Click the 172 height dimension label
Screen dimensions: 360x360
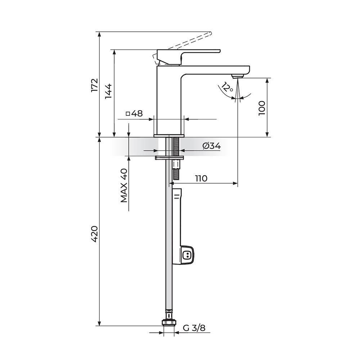point(95,85)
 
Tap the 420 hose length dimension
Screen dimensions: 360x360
point(95,234)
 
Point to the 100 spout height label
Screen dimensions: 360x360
point(262,108)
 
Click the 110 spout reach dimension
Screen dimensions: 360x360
point(201,178)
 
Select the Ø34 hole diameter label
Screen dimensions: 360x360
point(211,146)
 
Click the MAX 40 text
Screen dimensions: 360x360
point(124,185)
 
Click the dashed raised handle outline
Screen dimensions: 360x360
point(191,40)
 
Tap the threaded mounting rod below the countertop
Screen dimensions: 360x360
point(176,148)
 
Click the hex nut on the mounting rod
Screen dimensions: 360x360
point(176,164)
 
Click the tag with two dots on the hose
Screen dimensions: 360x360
point(187,255)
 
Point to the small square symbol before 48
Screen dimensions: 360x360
point(128,114)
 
